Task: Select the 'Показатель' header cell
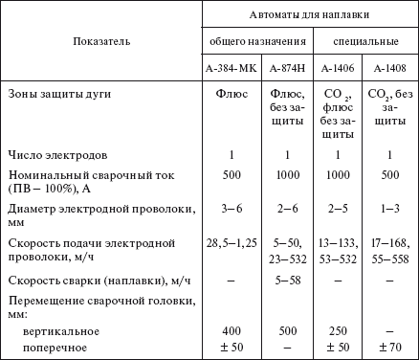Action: tap(101, 42)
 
